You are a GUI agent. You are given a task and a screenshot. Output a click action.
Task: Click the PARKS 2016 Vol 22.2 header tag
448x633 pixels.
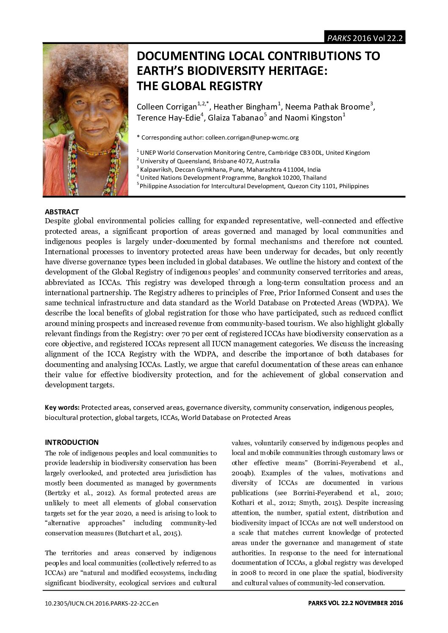coord(364,38)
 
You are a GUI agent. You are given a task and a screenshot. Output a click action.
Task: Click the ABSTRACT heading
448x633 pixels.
coord(62,211)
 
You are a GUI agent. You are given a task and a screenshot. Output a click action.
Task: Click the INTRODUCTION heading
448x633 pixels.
coord(72,442)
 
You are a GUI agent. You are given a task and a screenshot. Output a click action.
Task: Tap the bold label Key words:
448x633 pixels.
coord(62,408)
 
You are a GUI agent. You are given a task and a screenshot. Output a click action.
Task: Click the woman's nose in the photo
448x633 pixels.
coord(84,120)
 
